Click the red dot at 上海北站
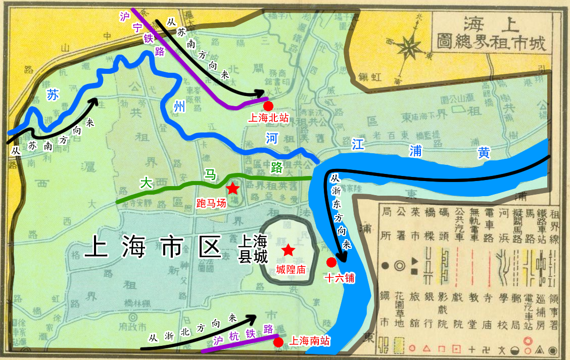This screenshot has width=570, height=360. click(x=268, y=106)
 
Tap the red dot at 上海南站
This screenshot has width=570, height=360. click(x=278, y=342)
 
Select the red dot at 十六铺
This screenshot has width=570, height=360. click(x=331, y=262)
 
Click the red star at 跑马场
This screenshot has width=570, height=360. click(x=232, y=189)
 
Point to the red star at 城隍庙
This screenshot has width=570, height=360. click(x=288, y=250)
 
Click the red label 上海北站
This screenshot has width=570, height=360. click(x=268, y=118)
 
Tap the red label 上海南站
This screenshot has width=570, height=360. click(x=309, y=341)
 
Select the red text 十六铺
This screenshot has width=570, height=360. click(x=340, y=278)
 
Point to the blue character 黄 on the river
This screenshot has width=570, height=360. click(x=484, y=153)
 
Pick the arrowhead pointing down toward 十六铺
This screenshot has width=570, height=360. click(x=342, y=258)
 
